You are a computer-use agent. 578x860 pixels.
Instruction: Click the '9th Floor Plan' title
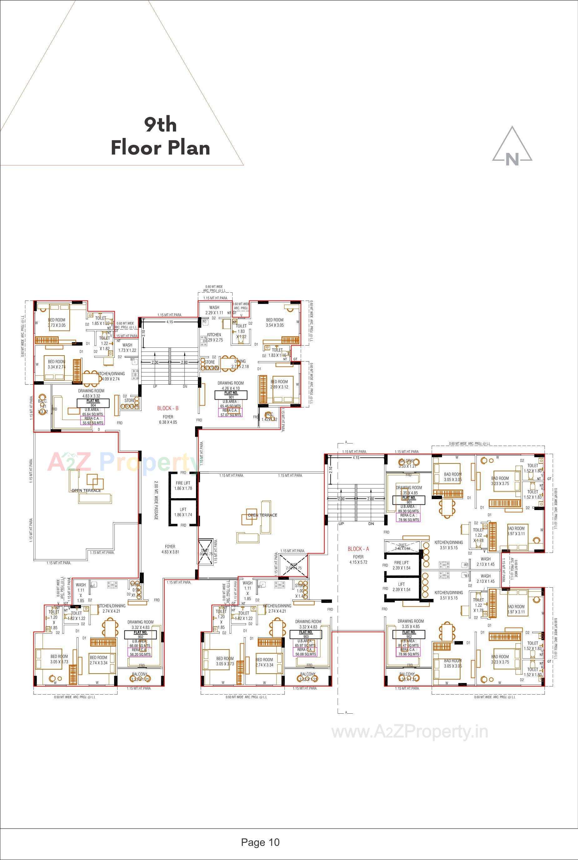click(x=160, y=136)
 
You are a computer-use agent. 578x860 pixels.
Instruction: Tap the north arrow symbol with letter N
click(x=512, y=147)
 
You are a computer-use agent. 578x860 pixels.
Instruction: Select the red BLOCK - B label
click(x=168, y=408)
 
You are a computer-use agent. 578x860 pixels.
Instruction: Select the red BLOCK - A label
click(x=358, y=549)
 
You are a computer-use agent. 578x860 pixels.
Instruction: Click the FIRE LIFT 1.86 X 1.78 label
click(x=183, y=485)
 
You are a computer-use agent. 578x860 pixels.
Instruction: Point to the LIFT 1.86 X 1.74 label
click(x=183, y=512)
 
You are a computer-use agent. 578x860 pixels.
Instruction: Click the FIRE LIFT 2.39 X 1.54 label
click(x=401, y=565)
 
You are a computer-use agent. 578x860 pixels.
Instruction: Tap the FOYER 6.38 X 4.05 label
click(x=168, y=419)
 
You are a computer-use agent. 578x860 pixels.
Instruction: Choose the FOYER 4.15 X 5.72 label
click(x=358, y=559)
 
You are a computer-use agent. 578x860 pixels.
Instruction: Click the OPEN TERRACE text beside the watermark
click(x=86, y=490)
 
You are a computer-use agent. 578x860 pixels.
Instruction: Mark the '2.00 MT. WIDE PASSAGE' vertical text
click(x=156, y=500)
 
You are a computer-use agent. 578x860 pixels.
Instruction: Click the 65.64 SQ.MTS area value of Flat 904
click(x=93, y=414)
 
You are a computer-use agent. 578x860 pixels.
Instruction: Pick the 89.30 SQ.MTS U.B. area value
click(x=409, y=511)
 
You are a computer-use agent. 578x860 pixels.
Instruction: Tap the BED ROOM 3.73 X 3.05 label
click(x=57, y=323)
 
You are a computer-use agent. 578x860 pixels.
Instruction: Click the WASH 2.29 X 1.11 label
click(x=214, y=310)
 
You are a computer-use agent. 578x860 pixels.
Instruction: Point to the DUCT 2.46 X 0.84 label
click(x=402, y=547)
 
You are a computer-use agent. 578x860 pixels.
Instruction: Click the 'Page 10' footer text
click(x=260, y=842)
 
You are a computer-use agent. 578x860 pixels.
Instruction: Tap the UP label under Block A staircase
click(x=341, y=524)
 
